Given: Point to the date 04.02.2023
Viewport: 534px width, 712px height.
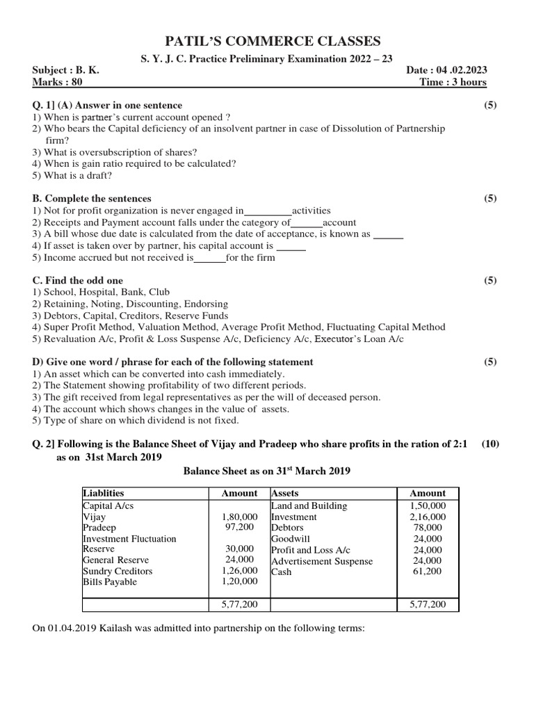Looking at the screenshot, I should pos(462,71).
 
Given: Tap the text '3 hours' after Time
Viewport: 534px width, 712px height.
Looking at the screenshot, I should pos(469,82).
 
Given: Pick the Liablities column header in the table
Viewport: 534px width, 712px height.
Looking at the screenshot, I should pos(104,493).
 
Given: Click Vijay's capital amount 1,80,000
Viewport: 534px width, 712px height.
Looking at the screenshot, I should pos(239,517).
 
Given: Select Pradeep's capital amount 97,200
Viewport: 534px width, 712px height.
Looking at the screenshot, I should pos(242,528).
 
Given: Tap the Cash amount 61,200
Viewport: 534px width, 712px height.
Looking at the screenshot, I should pos(430,572).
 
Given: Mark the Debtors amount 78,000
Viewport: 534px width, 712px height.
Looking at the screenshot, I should pos(430,528).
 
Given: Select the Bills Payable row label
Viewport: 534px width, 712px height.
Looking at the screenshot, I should pos(110,582).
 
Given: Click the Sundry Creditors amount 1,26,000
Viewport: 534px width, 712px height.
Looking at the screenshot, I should pos(239,571).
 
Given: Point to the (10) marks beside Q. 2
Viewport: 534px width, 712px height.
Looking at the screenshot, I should pos(489,444).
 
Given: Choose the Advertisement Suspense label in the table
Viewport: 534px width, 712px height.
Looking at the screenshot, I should pos(321,561).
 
